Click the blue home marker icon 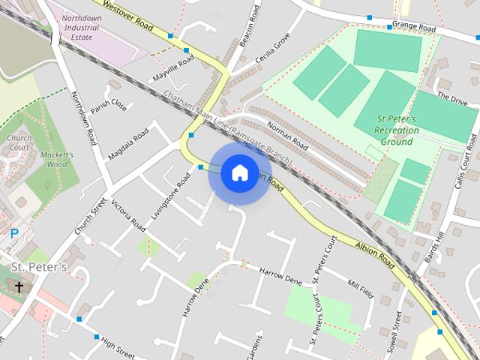click(x=239, y=173)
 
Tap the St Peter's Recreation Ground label click(x=397, y=130)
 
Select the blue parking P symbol click(x=14, y=234)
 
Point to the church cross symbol click(x=19, y=286)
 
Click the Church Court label click(x=19, y=142)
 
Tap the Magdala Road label click(x=128, y=145)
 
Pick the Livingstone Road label click(x=171, y=196)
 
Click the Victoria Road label click(x=127, y=214)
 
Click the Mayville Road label click(x=173, y=68)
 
